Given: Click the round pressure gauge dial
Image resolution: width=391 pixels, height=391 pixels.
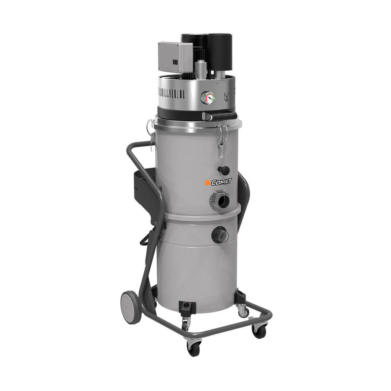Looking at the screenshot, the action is (x=208, y=97).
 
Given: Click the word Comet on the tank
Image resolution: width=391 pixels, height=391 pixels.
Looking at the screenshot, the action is (x=221, y=182).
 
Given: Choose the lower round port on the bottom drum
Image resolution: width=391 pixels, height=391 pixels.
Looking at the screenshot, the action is (x=220, y=235).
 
